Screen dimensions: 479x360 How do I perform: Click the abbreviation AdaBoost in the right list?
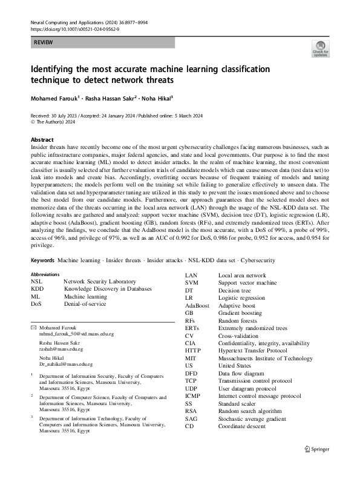[197, 306]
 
